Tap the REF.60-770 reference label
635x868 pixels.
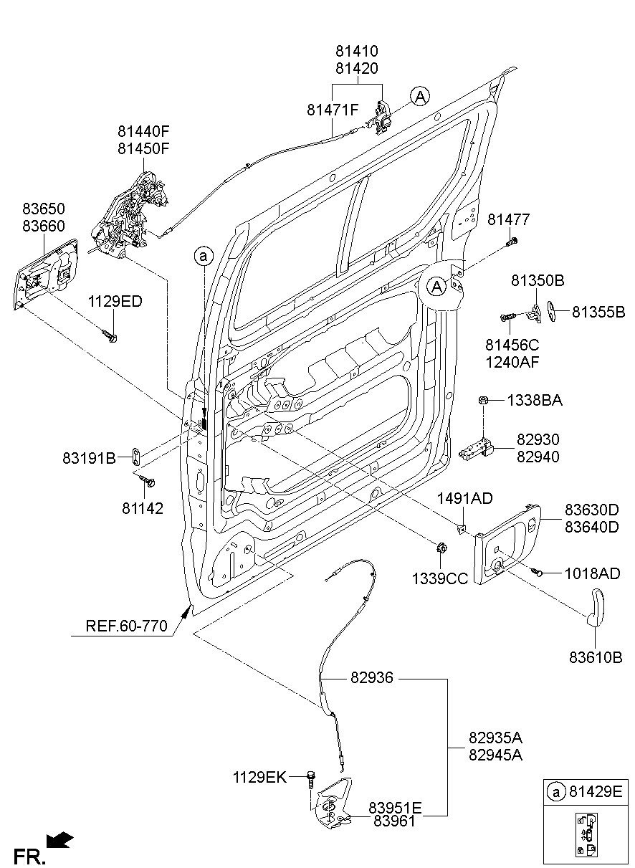tap(127, 626)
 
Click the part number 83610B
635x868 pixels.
tap(596, 657)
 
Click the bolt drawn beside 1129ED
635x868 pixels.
tap(110, 335)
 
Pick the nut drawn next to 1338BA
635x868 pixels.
tap(484, 401)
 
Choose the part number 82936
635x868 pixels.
tap(372, 677)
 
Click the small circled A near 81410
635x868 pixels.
tap(420, 96)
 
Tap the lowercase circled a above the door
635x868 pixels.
tap(204, 255)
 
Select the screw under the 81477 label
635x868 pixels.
tap(511, 242)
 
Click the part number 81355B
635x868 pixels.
tap(599, 312)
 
